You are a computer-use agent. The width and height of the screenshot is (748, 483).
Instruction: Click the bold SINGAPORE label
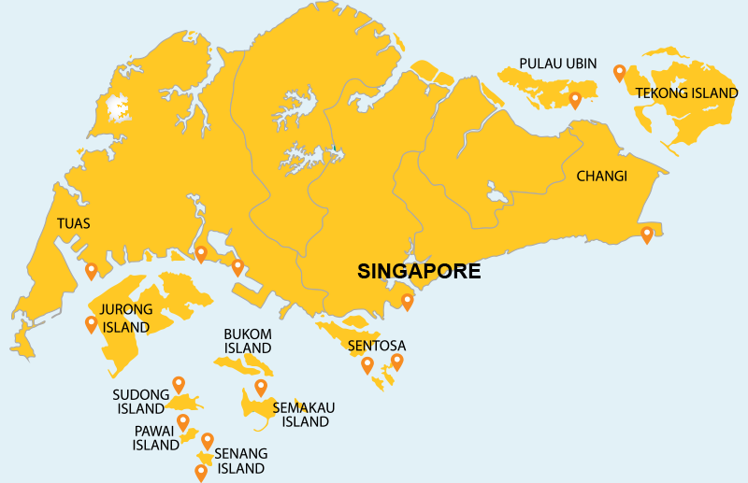coord(419,272)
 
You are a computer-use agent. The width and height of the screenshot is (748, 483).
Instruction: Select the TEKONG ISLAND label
coord(686,92)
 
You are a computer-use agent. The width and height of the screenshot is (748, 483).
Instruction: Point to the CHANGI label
coord(601,176)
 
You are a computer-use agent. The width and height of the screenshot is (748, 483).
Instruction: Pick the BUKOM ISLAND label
coord(247,341)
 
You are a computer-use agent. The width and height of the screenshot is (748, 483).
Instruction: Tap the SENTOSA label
coord(376,346)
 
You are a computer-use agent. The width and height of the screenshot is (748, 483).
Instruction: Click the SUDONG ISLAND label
coord(140,401)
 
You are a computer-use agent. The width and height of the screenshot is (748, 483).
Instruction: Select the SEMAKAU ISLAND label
coord(303,414)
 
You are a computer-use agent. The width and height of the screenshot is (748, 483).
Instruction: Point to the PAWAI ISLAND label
coord(155,438)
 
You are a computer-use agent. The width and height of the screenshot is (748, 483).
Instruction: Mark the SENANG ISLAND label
coord(241,461)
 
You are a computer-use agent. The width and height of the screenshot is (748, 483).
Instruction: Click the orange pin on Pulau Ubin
coord(575,99)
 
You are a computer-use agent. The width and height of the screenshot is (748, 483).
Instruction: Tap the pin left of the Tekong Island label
coord(619,72)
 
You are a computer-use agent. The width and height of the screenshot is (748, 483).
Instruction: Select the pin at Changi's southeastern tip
coord(646,234)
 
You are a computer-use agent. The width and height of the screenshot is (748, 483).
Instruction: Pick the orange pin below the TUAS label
coord(91,271)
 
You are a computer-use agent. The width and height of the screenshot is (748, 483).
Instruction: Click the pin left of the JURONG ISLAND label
coord(91,324)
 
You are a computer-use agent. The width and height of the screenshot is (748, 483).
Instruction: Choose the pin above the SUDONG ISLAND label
coord(179,384)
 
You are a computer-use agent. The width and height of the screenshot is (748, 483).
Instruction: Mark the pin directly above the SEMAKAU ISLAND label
coord(261,387)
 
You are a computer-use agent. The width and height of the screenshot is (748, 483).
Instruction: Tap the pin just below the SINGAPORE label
coord(407,302)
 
